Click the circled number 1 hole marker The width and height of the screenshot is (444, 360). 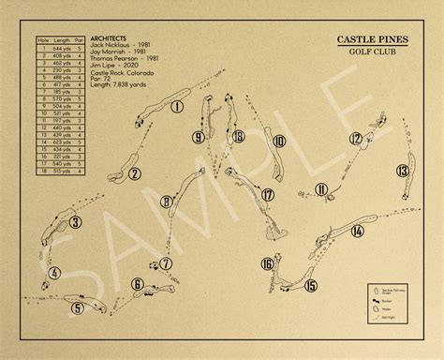click(x=177, y=107)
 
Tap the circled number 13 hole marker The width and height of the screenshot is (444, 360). click(x=402, y=171)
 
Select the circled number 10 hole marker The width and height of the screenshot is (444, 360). click(x=278, y=142)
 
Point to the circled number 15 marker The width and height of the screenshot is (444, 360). click(x=311, y=286)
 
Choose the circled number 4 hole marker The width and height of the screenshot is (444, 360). click(x=55, y=273)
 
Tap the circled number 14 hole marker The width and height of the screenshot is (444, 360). click(x=357, y=231)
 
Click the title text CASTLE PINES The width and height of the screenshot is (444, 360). click(x=374, y=66)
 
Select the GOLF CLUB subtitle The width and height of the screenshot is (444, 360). click(x=374, y=79)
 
